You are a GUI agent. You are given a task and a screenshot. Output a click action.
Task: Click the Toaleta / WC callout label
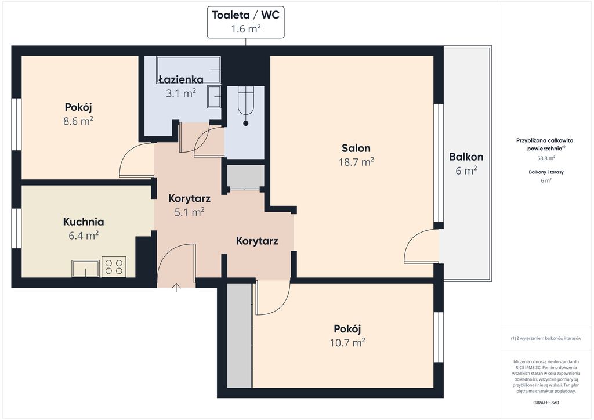point(245,22)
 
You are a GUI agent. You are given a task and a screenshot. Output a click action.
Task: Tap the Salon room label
point(356,148)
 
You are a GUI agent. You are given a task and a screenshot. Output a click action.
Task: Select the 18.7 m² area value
point(356,162)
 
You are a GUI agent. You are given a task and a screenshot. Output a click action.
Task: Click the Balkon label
point(466,157)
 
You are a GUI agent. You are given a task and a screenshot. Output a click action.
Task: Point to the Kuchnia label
point(84,222)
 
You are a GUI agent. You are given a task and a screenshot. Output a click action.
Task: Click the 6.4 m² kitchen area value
point(84,236)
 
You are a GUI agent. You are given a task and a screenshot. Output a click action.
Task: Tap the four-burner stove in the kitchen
point(114,267)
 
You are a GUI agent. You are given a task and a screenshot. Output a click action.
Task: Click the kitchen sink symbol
point(86,268)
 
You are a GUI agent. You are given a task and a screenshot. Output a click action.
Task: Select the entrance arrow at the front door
point(176,288)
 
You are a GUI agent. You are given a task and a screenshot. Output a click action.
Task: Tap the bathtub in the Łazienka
point(189,70)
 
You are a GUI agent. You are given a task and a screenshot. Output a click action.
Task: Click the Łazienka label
point(181,79)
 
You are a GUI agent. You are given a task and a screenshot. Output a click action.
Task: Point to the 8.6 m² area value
point(78,121)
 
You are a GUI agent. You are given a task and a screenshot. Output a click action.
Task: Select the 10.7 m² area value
point(347,343)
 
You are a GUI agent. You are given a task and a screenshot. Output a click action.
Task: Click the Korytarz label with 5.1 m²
point(190,198)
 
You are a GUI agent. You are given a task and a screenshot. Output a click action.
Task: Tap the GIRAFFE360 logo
point(545,403)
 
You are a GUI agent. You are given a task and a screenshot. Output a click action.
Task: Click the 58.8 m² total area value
point(546,158)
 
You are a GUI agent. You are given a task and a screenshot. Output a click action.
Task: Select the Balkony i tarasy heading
point(546,172)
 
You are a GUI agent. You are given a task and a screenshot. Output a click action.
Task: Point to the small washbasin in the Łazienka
point(214,97)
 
